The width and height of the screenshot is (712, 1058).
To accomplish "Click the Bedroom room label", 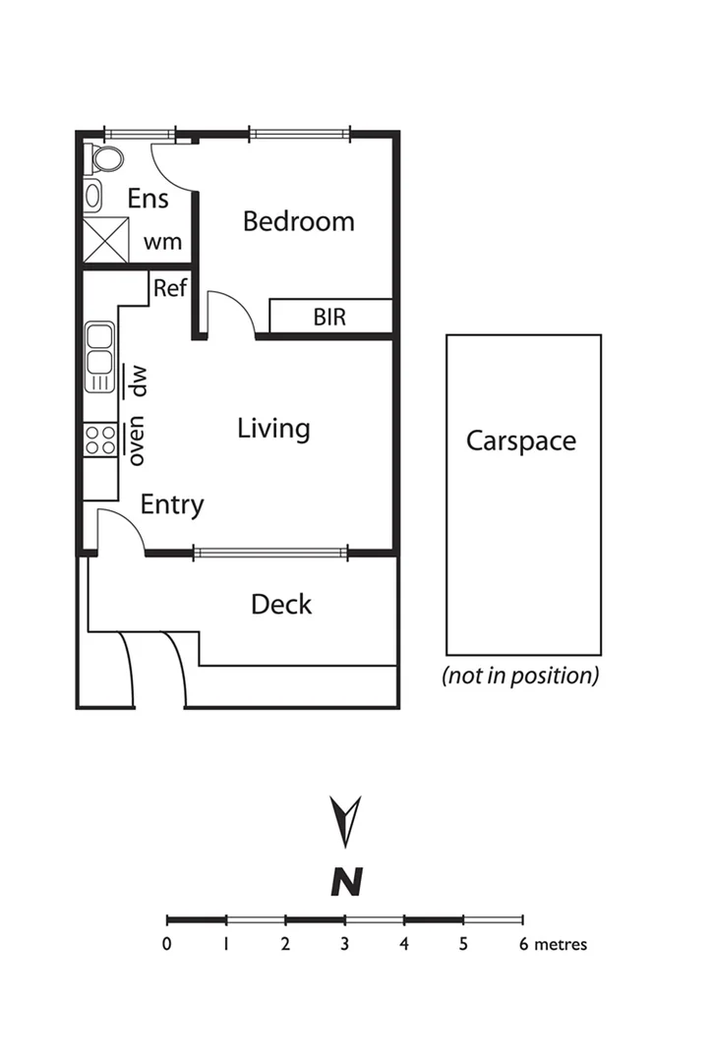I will pyautogui.click(x=298, y=221).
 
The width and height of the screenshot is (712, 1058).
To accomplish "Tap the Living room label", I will pyautogui.click(x=273, y=429).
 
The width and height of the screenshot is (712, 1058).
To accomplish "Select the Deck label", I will pyautogui.click(x=281, y=604).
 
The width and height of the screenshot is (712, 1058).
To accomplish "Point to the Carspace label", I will pyautogui.click(x=520, y=441).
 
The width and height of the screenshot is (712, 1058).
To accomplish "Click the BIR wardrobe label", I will pyautogui.click(x=329, y=318).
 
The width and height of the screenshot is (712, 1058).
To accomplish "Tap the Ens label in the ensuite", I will pyautogui.click(x=148, y=199).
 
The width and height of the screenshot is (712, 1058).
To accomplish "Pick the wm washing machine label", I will pyautogui.click(x=162, y=242).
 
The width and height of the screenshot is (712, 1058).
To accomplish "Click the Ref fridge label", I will pyautogui.click(x=169, y=288).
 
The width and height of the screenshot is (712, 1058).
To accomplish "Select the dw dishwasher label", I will pyautogui.click(x=139, y=380).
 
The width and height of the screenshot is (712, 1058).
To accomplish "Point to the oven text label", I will pyautogui.click(x=137, y=443).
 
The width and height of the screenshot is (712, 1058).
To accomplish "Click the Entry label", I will pyautogui.click(x=172, y=505).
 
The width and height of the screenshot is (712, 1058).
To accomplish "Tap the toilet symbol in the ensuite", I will pyautogui.click(x=104, y=159).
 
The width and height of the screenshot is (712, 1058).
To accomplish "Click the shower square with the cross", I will pyautogui.click(x=105, y=240).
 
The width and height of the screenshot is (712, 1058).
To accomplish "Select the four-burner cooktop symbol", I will pyautogui.click(x=99, y=440).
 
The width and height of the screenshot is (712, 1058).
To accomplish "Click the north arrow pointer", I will pyautogui.click(x=346, y=820).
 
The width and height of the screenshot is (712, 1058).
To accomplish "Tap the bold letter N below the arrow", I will pyautogui.click(x=346, y=881).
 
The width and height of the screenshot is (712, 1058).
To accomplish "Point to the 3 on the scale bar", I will pyautogui.click(x=345, y=945).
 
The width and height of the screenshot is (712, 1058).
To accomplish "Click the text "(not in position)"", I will pyautogui.click(x=520, y=676).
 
